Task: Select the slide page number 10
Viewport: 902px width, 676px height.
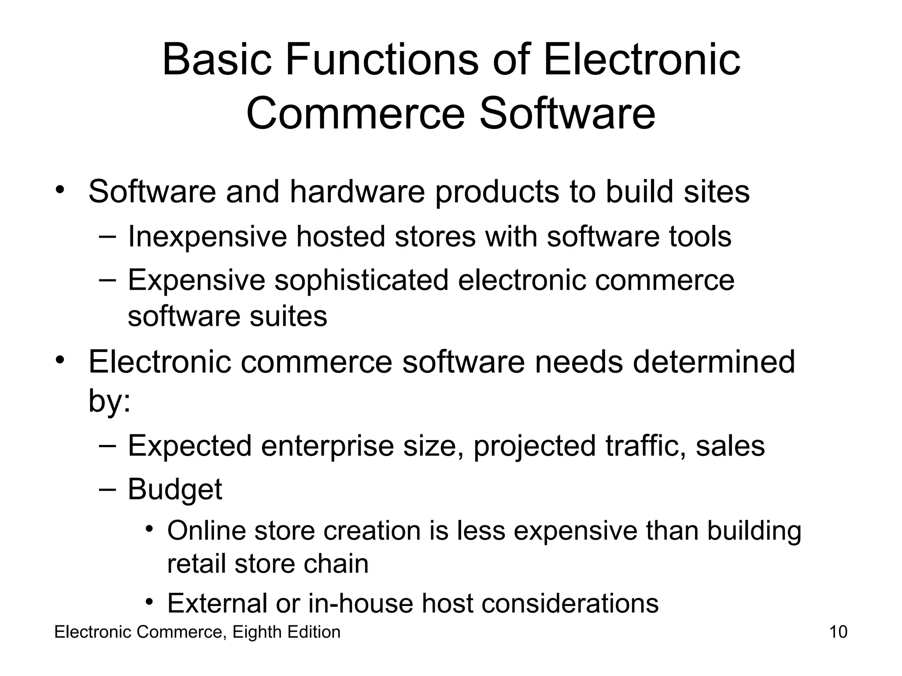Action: [x=838, y=632]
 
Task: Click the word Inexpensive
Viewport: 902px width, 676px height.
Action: [x=207, y=237]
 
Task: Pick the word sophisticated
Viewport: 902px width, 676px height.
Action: [x=361, y=281]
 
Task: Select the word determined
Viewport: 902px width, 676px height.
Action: [x=713, y=362]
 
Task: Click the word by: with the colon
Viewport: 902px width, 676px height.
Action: [x=110, y=400]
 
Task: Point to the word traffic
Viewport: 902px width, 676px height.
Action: [x=646, y=446]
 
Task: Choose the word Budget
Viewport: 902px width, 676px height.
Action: [x=175, y=489]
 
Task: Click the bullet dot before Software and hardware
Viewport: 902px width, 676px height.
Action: [x=60, y=190]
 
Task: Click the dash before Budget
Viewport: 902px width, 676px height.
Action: [x=107, y=488]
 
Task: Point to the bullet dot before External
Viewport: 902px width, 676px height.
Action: [x=150, y=601]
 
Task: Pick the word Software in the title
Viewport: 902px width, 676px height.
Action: [x=567, y=114]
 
